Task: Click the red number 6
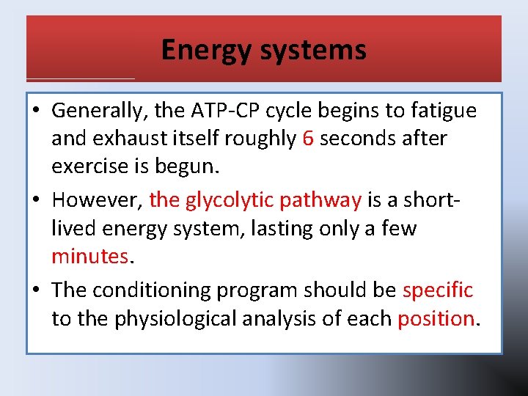click(x=308, y=139)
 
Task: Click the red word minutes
click(x=89, y=256)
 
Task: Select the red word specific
click(x=438, y=290)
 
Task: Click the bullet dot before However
click(x=38, y=200)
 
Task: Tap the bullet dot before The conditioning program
click(x=38, y=290)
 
